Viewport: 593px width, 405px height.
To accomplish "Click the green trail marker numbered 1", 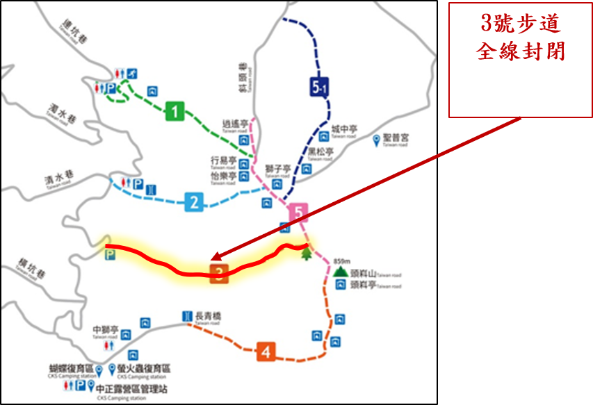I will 174,111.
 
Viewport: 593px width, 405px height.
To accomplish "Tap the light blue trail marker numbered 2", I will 194,204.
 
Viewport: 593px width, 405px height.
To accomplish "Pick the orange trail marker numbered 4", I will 265,352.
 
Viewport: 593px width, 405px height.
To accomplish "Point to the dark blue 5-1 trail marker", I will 319,87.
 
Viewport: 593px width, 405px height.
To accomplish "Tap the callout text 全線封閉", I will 520,51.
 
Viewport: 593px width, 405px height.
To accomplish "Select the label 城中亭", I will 344,129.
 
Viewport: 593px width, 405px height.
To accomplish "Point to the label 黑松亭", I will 321,151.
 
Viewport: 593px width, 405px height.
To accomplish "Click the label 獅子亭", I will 278,169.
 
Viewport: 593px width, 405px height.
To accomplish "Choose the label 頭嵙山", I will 364,273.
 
